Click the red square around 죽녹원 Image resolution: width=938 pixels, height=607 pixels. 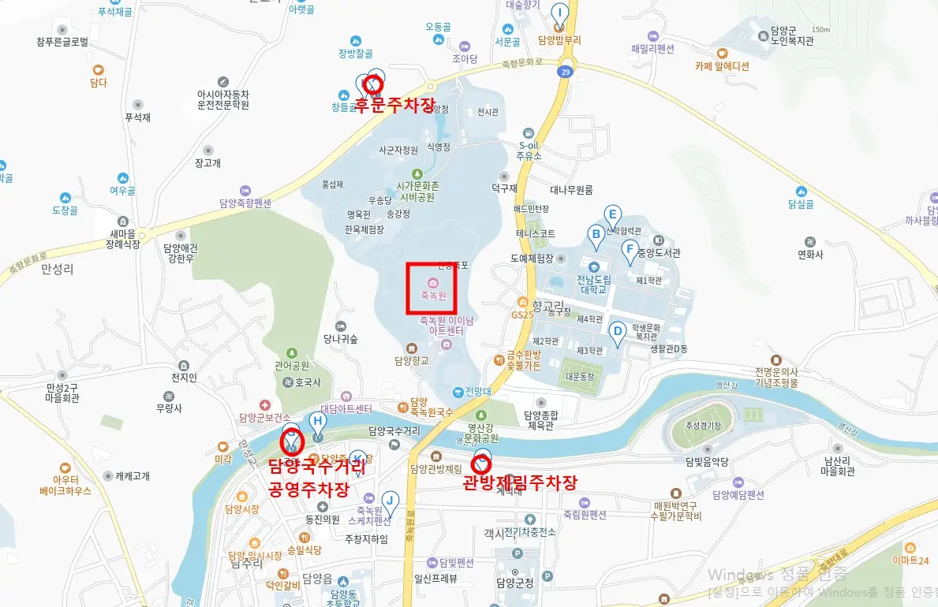(x=432, y=289)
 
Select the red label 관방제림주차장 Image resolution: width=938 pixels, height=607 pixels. (x=521, y=482)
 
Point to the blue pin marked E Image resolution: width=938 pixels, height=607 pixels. (x=611, y=215)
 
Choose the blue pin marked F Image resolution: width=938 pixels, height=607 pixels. (x=629, y=251)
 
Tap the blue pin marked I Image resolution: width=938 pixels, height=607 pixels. (x=559, y=14)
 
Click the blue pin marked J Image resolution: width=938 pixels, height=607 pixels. (x=389, y=501)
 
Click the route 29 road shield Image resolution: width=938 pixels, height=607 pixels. (x=564, y=72)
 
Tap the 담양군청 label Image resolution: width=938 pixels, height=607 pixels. (x=515, y=583)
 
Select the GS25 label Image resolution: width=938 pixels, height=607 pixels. (x=522, y=314)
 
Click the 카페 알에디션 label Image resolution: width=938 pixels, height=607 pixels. (x=722, y=66)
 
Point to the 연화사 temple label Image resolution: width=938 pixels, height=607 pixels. (x=810, y=255)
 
